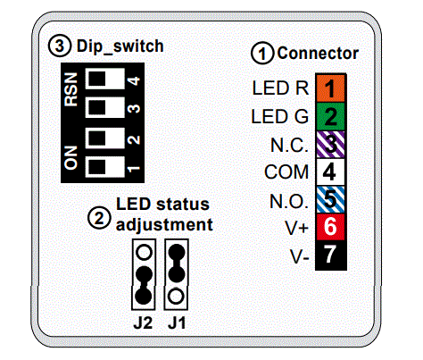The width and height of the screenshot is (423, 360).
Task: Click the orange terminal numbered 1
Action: pyautogui.click(x=331, y=89)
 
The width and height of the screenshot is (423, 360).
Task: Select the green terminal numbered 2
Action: pyautogui.click(x=331, y=116)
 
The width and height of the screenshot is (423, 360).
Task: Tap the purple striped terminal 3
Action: pyautogui.click(x=331, y=144)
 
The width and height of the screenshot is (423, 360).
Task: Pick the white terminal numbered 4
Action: pyautogui.click(x=331, y=172)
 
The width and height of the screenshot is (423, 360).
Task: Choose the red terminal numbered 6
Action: pyautogui.click(x=331, y=227)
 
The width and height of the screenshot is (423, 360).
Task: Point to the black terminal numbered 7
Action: pyautogui.click(x=331, y=255)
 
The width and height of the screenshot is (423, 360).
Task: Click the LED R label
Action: pyautogui.click(x=280, y=89)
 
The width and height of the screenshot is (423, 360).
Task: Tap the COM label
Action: pyautogui.click(x=287, y=172)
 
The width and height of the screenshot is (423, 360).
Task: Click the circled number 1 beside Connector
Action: pyautogui.click(x=261, y=54)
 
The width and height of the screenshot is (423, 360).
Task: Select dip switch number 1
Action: pyautogui.click(x=106, y=165)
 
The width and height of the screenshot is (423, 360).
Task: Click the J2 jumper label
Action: pyautogui.click(x=141, y=322)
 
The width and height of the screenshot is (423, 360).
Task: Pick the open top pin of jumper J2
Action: pyautogui.click(x=141, y=252)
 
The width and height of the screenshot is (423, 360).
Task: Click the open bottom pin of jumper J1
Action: pyautogui.click(x=178, y=294)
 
